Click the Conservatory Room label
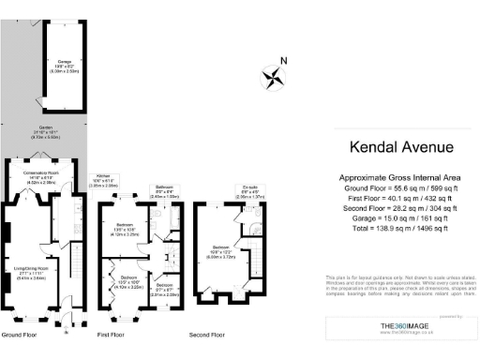pos(42,175)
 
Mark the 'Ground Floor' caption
pos(20,335)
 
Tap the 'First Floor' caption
pos(112,335)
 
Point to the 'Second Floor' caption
pos(209,335)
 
